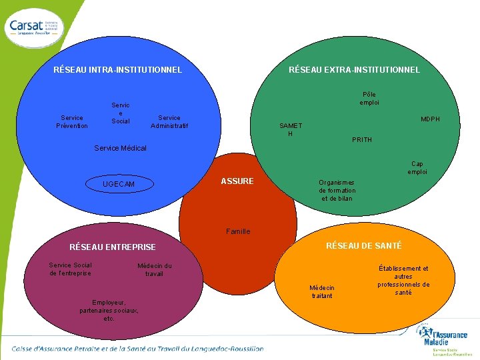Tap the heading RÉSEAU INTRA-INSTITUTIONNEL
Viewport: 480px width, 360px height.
(117, 70)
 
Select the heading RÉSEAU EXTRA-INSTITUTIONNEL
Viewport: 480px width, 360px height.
(354, 70)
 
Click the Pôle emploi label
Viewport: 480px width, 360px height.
(369, 99)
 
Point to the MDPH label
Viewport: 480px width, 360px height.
(430, 119)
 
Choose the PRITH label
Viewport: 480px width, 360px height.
(362, 140)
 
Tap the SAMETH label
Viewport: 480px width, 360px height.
(291, 129)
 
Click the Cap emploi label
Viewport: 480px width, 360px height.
(417, 168)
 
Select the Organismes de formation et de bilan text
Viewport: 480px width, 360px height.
(337, 191)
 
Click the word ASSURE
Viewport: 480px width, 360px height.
(237, 181)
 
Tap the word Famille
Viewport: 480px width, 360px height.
(238, 231)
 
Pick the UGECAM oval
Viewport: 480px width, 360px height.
(119, 184)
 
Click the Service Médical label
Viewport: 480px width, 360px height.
(121, 148)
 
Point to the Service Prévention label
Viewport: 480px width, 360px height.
(72, 122)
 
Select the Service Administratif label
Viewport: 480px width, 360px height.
(169, 122)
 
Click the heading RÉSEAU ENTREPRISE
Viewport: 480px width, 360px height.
(113, 247)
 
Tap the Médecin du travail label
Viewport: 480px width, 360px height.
(154, 270)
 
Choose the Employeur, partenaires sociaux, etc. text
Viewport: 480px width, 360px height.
(109, 310)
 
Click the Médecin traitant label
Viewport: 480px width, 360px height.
(322, 291)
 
